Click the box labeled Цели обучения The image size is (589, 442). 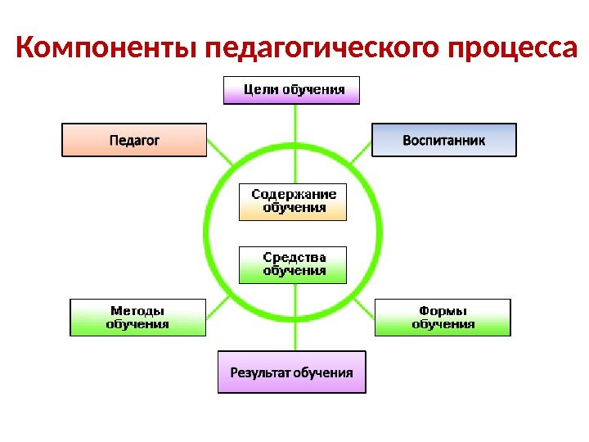(292, 90)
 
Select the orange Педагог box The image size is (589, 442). (134, 140)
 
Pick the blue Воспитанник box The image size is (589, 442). (444, 140)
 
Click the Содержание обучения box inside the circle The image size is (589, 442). (293, 201)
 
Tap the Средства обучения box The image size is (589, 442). (293, 264)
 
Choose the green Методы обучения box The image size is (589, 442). (137, 317)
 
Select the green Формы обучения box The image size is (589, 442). (443, 317)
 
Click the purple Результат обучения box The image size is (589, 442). (292, 372)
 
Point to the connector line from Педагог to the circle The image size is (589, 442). (220, 149)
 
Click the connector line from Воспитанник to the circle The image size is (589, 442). (361, 151)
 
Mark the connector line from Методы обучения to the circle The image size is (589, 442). (217, 309)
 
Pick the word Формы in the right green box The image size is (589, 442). (443, 311)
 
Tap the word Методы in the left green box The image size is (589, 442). (137, 311)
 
